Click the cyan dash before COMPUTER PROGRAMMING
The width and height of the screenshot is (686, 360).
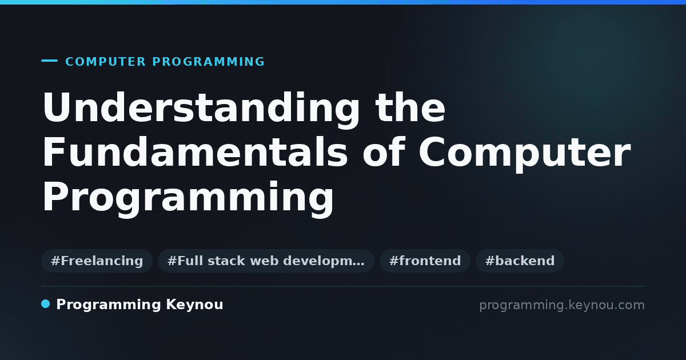coord(49,61)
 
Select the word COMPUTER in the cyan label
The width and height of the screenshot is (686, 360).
coord(105,62)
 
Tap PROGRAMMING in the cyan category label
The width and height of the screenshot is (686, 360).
coord(208,62)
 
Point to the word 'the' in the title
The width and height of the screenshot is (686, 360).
coord(410,107)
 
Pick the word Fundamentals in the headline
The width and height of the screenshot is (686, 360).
coord(195,151)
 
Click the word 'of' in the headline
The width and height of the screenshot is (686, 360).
coord(384,151)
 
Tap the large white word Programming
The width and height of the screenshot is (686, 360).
coord(188,198)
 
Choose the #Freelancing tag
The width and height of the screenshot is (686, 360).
coord(97,261)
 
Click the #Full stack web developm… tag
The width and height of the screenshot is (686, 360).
coord(266,261)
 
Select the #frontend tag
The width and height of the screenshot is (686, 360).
coord(425,261)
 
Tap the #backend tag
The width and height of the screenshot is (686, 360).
coord(520,261)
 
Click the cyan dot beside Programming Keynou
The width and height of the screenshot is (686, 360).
coord(45,304)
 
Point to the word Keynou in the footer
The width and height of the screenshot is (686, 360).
coord(194,305)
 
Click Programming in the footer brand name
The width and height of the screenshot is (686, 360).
coord(109,305)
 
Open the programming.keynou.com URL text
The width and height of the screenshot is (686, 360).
coord(562,305)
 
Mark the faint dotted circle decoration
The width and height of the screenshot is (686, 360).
coord(590,57)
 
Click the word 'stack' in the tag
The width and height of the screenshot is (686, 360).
coord(226,261)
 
